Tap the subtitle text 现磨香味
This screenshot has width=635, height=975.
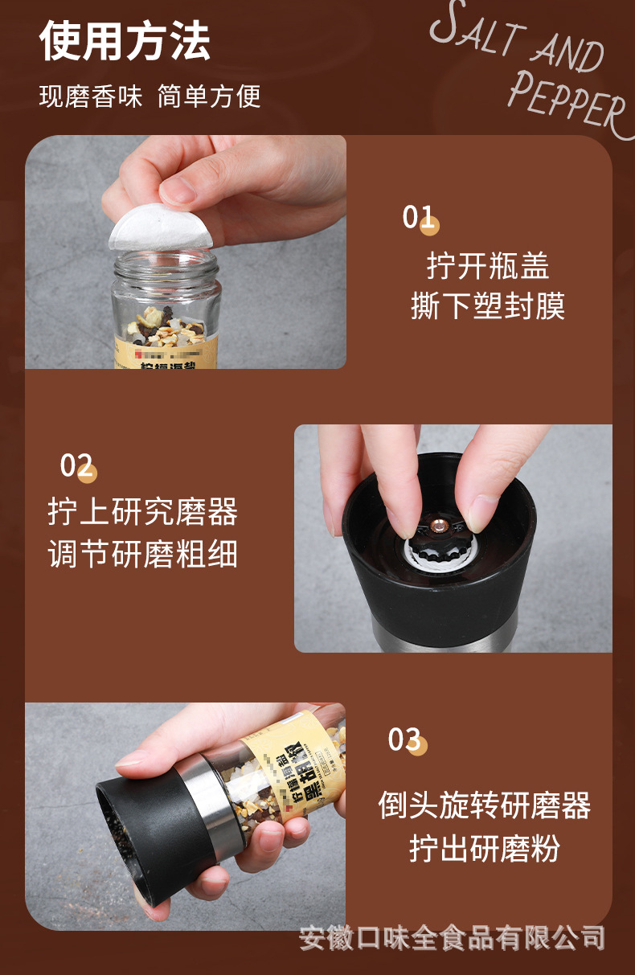click(x=90, y=97)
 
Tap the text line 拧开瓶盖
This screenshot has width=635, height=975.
click(x=487, y=265)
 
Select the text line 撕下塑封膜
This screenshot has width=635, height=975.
click(x=487, y=306)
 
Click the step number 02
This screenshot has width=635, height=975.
click(x=77, y=465)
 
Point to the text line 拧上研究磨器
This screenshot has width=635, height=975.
click(x=142, y=512)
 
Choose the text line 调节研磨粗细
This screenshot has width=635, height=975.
click(x=142, y=555)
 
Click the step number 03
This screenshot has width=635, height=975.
click(x=405, y=739)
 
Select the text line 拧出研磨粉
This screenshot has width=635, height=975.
click(x=484, y=849)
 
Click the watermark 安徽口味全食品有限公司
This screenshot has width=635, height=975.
click(x=452, y=937)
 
